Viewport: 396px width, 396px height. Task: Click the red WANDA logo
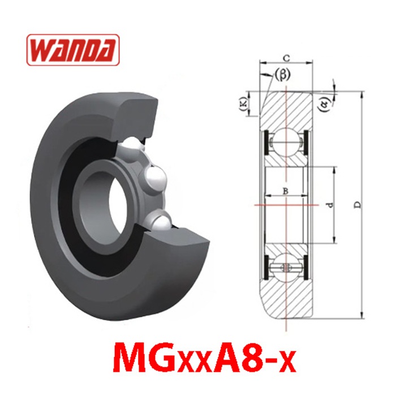click(73, 50)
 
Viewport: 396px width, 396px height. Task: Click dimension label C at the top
click(286, 58)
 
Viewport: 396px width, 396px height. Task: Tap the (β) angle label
click(282, 75)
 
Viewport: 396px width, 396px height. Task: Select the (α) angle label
click(325, 104)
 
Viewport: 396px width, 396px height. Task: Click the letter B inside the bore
click(285, 191)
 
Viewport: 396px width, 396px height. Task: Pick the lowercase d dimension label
click(330, 205)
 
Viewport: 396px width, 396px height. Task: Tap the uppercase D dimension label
click(358, 205)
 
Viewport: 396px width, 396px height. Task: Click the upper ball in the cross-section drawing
click(286, 142)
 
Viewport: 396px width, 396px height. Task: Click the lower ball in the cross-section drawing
click(286, 267)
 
